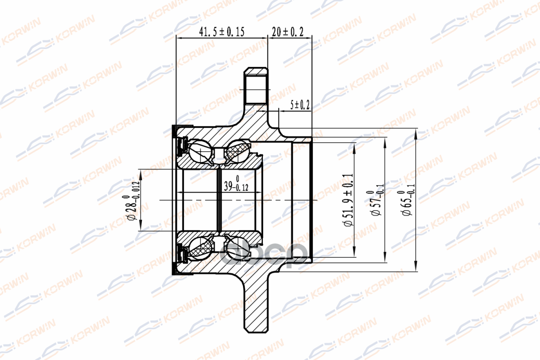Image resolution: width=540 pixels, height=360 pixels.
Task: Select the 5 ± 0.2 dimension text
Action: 300,105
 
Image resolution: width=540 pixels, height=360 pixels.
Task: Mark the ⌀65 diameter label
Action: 407,200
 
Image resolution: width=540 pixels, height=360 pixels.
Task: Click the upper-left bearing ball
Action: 200,152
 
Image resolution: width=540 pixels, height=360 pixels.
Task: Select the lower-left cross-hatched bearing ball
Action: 200,248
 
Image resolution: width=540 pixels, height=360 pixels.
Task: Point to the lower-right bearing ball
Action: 238,248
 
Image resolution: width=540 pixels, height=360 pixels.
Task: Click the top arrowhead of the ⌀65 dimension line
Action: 415,131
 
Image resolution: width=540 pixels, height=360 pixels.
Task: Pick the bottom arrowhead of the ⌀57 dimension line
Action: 386,260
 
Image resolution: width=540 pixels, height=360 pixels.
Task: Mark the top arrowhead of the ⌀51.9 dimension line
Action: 355,146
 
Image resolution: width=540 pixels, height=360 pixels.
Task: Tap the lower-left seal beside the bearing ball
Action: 183,254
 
